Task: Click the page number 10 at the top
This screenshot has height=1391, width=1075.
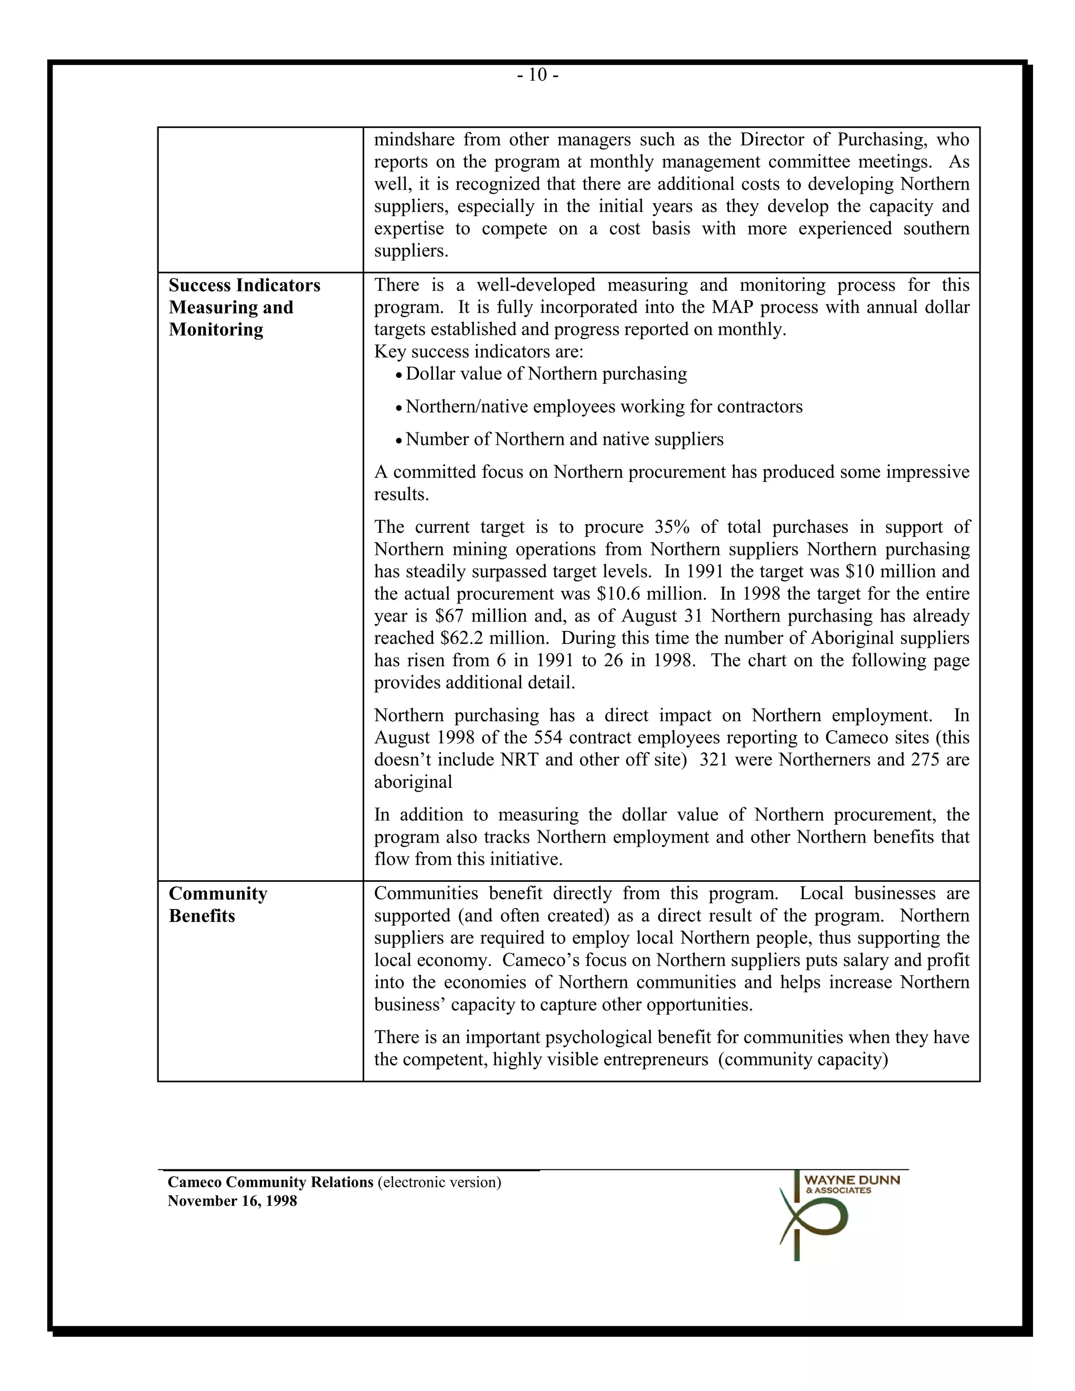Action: [x=537, y=75]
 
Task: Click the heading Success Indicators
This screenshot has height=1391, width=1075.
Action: [x=245, y=286]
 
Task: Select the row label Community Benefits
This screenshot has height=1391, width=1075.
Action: [x=218, y=904]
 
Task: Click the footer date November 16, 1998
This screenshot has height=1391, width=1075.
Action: [x=233, y=1201]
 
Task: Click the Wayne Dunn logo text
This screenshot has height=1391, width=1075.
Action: [x=851, y=1180]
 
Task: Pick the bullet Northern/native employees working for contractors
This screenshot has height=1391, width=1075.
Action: [x=604, y=407]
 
